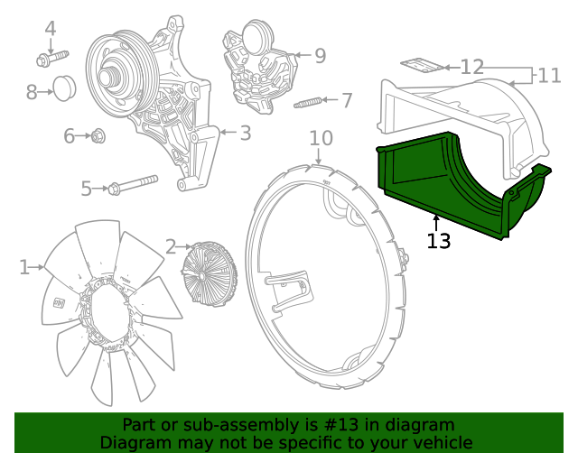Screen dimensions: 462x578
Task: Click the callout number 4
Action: click(51, 29)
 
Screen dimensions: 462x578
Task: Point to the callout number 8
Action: click(32, 91)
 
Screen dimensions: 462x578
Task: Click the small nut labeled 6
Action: click(99, 136)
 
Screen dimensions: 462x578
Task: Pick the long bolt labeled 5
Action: click(134, 185)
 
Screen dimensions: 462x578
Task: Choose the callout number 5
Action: click(87, 189)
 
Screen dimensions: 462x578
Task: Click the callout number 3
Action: click(245, 134)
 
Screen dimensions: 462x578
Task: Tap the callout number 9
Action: click(320, 56)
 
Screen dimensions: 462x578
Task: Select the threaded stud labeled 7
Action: click(308, 103)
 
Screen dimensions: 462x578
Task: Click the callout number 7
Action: click(347, 100)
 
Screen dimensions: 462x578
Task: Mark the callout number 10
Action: click(322, 138)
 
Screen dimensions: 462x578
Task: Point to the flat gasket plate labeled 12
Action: click(422, 65)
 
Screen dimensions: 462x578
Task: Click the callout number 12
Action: click(471, 67)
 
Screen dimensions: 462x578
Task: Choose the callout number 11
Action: click(549, 75)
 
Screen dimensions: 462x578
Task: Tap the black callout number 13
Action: click(439, 241)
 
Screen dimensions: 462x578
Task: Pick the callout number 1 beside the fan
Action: click(24, 266)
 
